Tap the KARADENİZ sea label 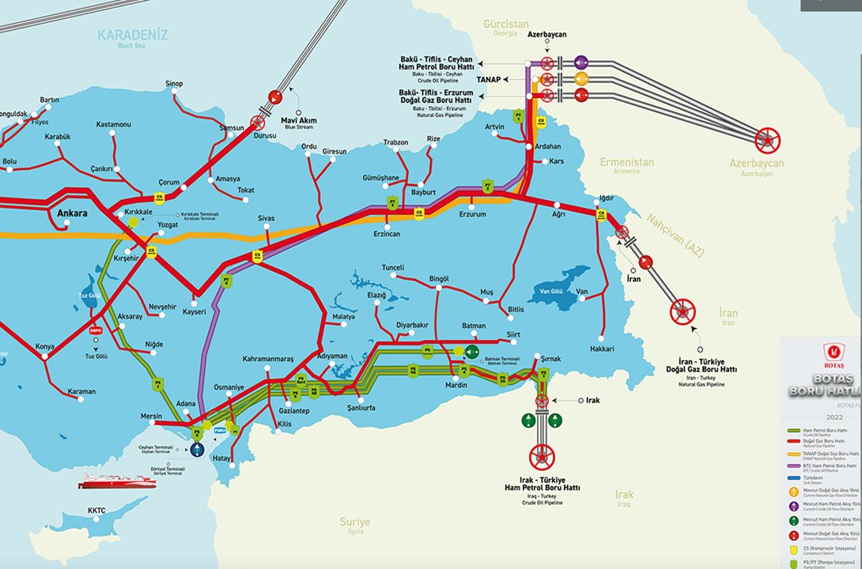(133, 35)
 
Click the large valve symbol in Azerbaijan (766, 141)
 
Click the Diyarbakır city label (412, 325)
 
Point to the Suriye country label (354, 522)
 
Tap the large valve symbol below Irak (542, 456)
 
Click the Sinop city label (174, 84)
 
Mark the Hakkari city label (603, 349)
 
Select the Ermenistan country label (627, 162)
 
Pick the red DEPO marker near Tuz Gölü (96, 330)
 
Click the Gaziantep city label (294, 411)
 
